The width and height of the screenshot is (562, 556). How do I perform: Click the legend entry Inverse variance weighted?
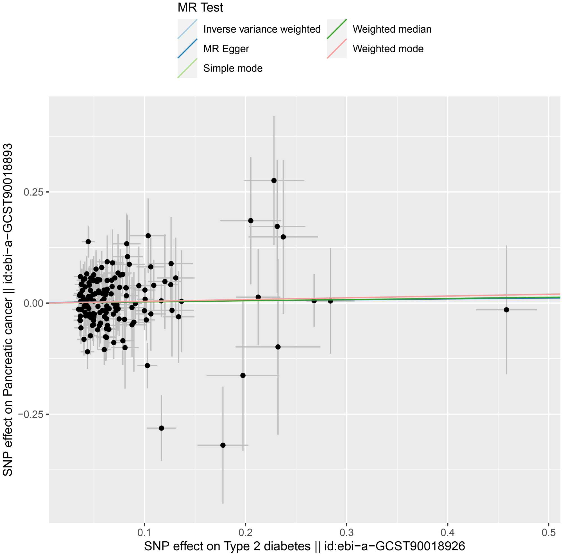tap(262, 29)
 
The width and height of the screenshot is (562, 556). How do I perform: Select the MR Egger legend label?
tap(226, 49)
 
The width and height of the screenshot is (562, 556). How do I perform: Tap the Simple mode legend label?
tap(233, 68)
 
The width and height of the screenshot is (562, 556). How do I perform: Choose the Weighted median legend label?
tap(392, 29)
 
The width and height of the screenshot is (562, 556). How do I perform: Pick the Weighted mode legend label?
tap(388, 49)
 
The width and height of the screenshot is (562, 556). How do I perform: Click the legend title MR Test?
tap(200, 8)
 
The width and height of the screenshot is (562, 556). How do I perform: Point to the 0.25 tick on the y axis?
tap(33, 192)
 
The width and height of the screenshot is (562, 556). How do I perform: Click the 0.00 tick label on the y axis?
tap(33, 303)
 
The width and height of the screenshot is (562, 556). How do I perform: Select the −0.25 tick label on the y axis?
tap(31, 414)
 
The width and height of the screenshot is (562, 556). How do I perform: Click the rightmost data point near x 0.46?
tap(506, 310)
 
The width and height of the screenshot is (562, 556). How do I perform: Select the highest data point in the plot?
tap(274, 181)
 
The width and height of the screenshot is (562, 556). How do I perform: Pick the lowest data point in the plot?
tap(223, 445)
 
